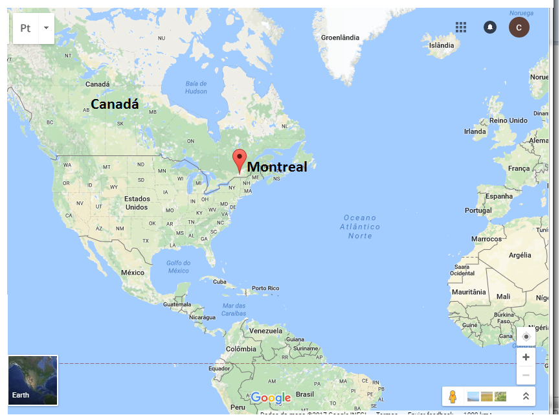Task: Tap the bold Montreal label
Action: pyautogui.click(x=277, y=166)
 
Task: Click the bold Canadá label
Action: pyautogui.click(x=115, y=104)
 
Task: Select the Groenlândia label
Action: pyautogui.click(x=340, y=38)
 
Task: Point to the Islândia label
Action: pyautogui.click(x=442, y=45)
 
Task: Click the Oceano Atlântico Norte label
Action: pyautogui.click(x=360, y=227)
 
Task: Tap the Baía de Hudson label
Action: pyautogui.click(x=196, y=87)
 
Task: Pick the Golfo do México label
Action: pyautogui.click(x=178, y=266)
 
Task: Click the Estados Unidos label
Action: pyautogui.click(x=137, y=203)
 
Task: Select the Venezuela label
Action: pyautogui.click(x=266, y=330)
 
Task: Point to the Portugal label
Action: pyautogui.click(x=478, y=210)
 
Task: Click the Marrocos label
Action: pyautogui.click(x=486, y=239)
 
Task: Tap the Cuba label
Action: pyautogui.click(x=220, y=282)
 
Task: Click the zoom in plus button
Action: pyautogui.click(x=526, y=357)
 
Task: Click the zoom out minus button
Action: pyautogui.click(x=526, y=375)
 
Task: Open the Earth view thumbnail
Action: pyautogui.click(x=32, y=380)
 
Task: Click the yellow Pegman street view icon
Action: pyautogui.click(x=453, y=396)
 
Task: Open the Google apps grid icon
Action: pyautogui.click(x=461, y=27)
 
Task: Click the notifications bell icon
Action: pyautogui.click(x=490, y=27)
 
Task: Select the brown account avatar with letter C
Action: pyautogui.click(x=519, y=27)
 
